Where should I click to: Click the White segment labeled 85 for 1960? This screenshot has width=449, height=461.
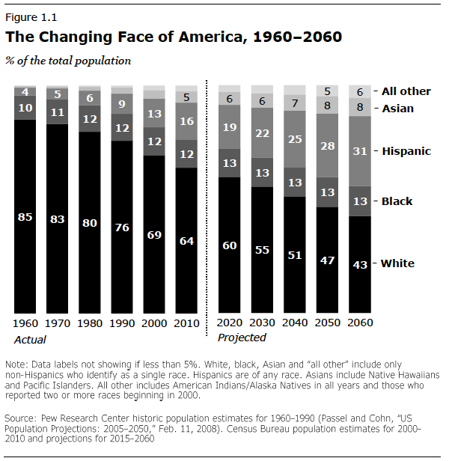pos(25,217)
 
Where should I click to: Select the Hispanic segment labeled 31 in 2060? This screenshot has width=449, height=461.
pos(359,150)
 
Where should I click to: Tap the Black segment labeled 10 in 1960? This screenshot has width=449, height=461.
pos(25,108)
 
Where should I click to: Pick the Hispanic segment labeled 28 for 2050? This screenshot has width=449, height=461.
pos(327,144)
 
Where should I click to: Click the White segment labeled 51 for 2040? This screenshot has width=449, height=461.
pos(295,254)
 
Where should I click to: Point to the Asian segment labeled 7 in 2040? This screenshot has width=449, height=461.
pos(295,103)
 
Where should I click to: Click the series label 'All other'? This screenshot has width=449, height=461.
pos(406,91)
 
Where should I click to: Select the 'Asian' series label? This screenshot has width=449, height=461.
pos(397,109)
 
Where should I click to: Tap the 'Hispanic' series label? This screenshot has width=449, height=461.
pos(406,151)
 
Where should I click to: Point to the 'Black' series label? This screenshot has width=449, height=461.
pos(397,201)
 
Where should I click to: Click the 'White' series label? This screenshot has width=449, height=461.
pos(397,263)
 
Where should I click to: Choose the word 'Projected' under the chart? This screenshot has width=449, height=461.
pos(242,338)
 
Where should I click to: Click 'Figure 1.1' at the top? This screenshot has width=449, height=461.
pos(30,16)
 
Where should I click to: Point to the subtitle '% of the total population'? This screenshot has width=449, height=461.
pos(68,61)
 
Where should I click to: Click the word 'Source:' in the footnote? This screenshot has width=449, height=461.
pos(22,415)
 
